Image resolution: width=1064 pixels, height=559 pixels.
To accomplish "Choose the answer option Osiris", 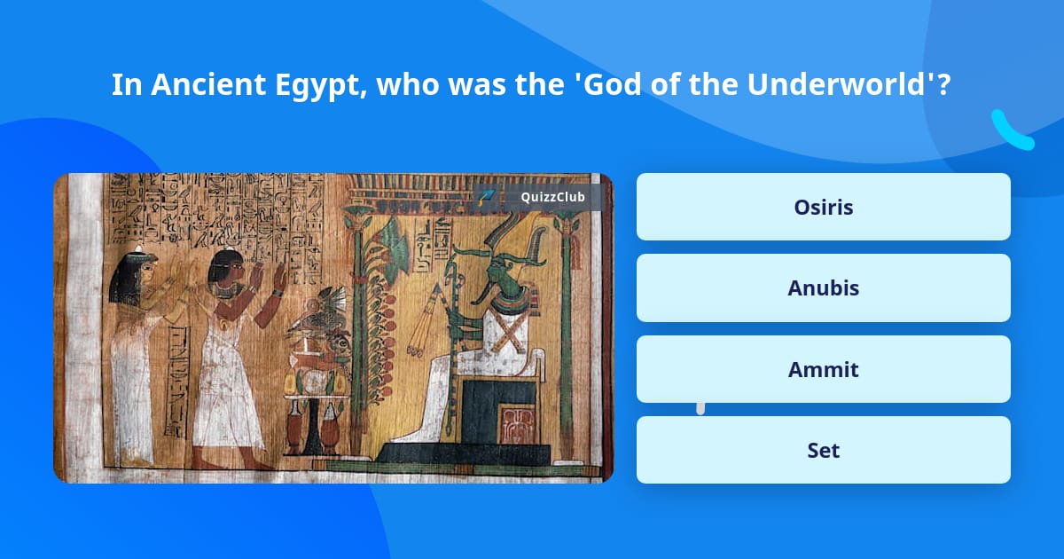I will (x=823, y=207).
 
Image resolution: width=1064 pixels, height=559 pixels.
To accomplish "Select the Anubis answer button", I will (x=823, y=287).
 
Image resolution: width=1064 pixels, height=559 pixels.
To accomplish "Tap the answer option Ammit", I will (x=823, y=369).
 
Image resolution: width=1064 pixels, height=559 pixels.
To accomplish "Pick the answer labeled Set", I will (x=823, y=450).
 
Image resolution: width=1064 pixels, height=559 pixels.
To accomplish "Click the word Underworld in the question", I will (x=848, y=85).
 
